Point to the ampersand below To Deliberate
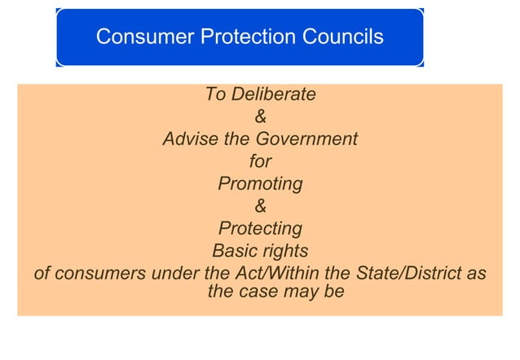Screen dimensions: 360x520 click(x=260, y=117)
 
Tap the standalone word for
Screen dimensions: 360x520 click(x=260, y=161)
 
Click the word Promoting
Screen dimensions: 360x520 click(x=260, y=184)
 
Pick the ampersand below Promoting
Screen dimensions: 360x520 click(x=260, y=206)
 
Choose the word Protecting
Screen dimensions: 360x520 click(x=260, y=228)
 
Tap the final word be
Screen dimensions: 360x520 click(x=335, y=291)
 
